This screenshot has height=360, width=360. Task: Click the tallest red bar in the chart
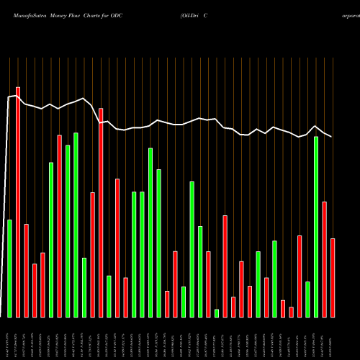point(18,202)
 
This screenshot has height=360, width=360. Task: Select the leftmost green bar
point(9,268)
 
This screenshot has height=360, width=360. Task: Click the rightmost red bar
point(333,277)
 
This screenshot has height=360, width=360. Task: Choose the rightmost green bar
point(316,227)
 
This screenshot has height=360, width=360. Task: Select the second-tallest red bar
point(101,212)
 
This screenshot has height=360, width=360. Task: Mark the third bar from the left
point(26,270)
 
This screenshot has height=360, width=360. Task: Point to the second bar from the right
point(324,259)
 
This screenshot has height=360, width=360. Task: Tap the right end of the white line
point(332,137)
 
